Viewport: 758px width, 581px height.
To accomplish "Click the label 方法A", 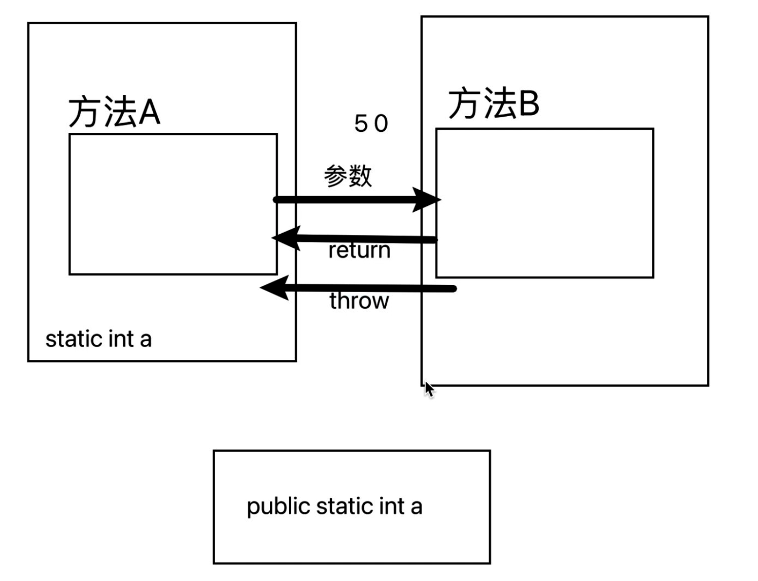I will (x=114, y=112).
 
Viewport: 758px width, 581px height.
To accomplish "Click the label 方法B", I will (x=493, y=103).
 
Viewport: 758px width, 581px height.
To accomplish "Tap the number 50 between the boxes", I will (x=371, y=123).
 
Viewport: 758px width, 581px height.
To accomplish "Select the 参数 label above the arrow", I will (x=348, y=176).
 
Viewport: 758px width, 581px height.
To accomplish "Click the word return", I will (x=359, y=250).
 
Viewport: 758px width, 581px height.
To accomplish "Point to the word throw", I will (x=359, y=301).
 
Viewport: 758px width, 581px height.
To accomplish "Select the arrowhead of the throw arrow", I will (x=274, y=287).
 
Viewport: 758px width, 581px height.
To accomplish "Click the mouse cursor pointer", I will (x=429, y=389).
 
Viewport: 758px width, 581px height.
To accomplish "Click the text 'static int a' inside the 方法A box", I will (x=98, y=339).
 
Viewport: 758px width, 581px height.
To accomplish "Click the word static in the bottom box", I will (x=337, y=506).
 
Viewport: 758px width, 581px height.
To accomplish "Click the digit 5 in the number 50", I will (x=361, y=123).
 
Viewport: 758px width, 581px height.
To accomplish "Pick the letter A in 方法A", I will (x=150, y=112).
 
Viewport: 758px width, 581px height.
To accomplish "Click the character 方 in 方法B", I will (x=464, y=103).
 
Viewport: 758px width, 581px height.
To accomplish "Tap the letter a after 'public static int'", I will (x=416, y=507).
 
